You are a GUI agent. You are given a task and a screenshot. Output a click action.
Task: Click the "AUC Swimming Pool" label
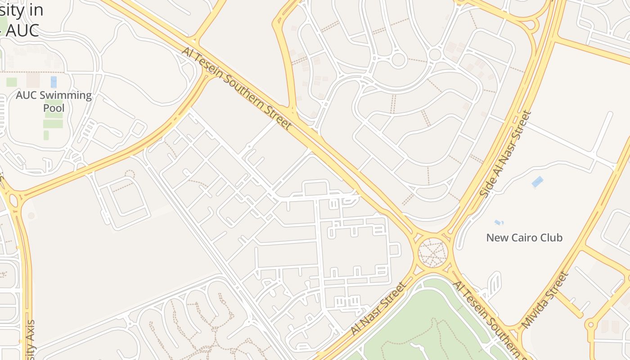pos(54,102)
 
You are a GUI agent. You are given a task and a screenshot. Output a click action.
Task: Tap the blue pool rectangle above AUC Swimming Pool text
pos(54,82)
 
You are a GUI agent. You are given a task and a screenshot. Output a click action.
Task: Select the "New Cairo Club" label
pos(524,238)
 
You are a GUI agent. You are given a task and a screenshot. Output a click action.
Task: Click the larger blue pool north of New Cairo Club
pos(537,182)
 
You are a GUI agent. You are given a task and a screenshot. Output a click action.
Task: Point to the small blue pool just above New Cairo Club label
pos(499,222)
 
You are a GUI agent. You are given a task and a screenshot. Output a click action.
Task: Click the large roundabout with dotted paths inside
pos(433,252)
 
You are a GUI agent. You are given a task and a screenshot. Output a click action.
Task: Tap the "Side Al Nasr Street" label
pos(505,154)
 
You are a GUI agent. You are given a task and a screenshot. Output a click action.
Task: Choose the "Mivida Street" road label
pos(544,299)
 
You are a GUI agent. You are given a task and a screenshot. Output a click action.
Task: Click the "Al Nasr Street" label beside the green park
pos(378,309)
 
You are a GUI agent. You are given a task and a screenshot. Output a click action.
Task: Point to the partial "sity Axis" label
pos(30,340)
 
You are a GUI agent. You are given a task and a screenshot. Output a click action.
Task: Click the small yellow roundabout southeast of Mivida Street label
pos(590,324)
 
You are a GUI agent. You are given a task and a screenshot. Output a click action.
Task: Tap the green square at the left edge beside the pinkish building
pos(12,82)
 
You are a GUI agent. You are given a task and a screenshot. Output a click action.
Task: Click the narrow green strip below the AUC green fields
pos(46,135)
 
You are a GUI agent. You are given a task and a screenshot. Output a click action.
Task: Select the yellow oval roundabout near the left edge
pos(13,201)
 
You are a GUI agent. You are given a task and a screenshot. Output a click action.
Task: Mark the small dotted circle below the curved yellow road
pos(130,173)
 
